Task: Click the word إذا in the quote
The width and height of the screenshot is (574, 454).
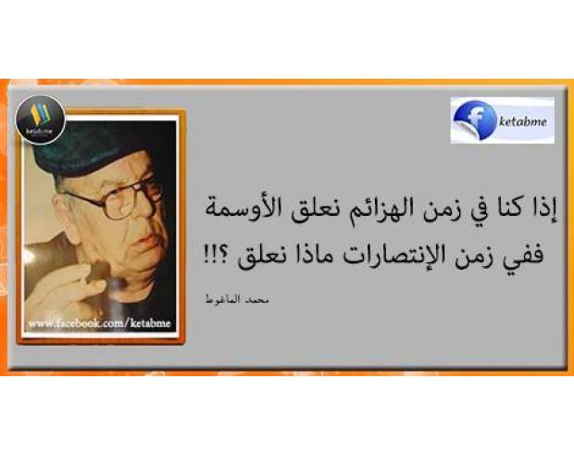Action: (543, 210)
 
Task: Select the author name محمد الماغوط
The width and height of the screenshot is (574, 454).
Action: (236, 299)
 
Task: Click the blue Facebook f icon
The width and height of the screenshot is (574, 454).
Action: (474, 120)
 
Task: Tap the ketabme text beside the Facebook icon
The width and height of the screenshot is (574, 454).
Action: (523, 121)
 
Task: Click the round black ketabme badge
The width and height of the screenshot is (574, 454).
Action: (40, 120)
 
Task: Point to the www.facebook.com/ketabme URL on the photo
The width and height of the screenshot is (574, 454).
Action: (100, 323)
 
